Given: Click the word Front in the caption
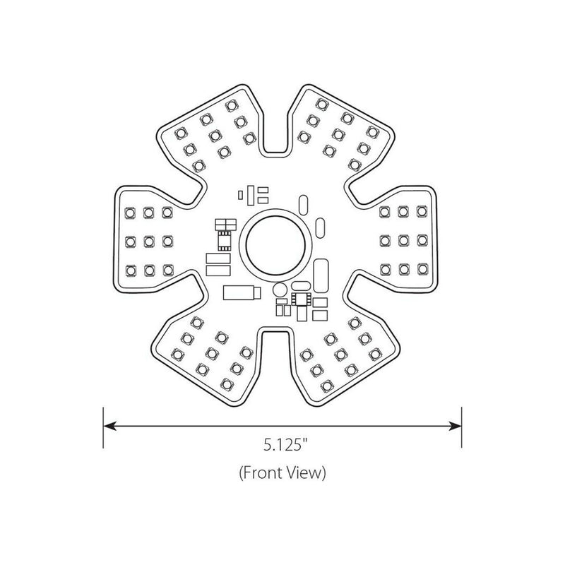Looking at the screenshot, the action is pyautogui.click(x=263, y=472).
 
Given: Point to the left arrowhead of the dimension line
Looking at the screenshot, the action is pyautogui.click(x=109, y=426).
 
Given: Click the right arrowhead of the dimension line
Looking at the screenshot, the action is pyautogui.click(x=456, y=426).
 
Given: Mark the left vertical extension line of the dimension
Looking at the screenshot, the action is pyautogui.click(x=103, y=428).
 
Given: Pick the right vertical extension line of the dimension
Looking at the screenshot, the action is pyautogui.click(x=462, y=428).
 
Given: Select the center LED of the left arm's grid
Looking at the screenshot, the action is pyautogui.click(x=149, y=241).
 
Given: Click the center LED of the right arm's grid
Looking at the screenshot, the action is pyautogui.click(x=403, y=240).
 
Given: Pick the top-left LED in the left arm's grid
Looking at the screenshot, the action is pyautogui.click(x=130, y=213).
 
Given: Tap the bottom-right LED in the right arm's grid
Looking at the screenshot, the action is pyautogui.click(x=422, y=269).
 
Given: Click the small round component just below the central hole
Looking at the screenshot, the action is pyautogui.click(x=280, y=290).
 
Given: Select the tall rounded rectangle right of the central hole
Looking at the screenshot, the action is pyautogui.click(x=321, y=275).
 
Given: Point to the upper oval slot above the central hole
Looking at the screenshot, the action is pyautogui.click(x=304, y=205).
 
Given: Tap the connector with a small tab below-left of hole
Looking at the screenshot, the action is pyautogui.click(x=242, y=292).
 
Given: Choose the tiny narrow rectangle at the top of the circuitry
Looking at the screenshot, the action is pyautogui.click(x=240, y=195).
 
